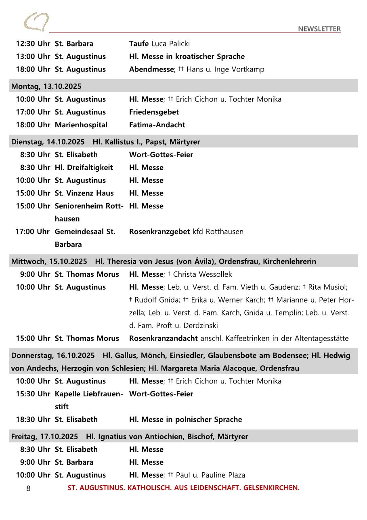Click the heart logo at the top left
(x=36, y=22)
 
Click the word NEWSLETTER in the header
(x=319, y=29)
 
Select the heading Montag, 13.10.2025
(x=46, y=86)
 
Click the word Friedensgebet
(x=154, y=112)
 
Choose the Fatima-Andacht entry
(x=157, y=125)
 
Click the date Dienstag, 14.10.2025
(x=48, y=142)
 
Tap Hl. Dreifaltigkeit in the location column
(x=84, y=167)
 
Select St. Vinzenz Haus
(x=84, y=193)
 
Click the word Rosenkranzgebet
(x=159, y=232)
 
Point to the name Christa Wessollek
(x=203, y=274)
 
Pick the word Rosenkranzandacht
(x=164, y=338)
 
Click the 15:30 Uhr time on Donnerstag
(x=33, y=394)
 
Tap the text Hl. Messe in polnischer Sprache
(x=186, y=419)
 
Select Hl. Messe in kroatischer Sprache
(x=187, y=57)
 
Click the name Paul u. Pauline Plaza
(x=211, y=475)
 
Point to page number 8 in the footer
(x=28, y=488)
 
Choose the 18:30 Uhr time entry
(x=33, y=419)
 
